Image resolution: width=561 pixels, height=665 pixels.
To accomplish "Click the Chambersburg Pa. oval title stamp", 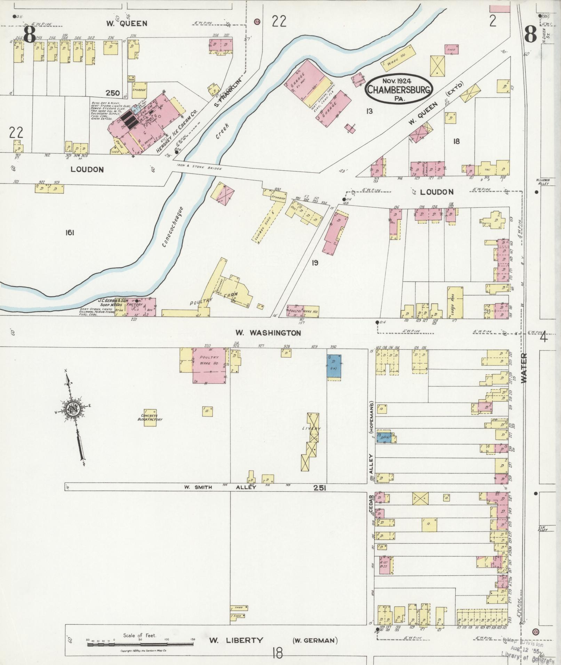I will pyautogui.click(x=399, y=89).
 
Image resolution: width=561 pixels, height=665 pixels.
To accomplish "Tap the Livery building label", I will pyautogui.click(x=311, y=429).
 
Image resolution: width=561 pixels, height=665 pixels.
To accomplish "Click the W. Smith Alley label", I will pyautogui.click(x=220, y=487).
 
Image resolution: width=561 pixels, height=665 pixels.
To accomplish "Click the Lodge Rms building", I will pyautogui.click(x=455, y=302).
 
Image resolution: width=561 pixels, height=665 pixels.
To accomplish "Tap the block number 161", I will pyautogui.click(x=70, y=233).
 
